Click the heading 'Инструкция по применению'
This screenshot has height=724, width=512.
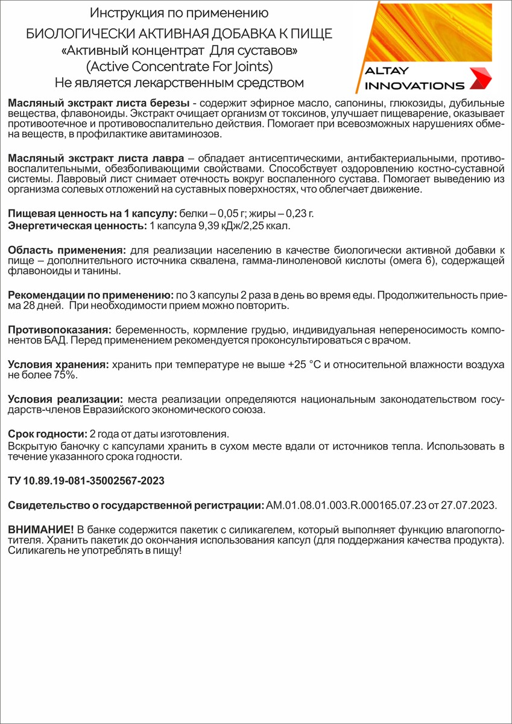click(179, 13)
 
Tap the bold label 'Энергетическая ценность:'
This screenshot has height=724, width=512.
click(77, 226)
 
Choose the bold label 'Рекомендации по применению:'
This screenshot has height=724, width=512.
click(90, 295)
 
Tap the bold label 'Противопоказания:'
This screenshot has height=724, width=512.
click(58, 330)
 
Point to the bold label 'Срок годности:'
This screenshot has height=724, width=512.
click(47, 434)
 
